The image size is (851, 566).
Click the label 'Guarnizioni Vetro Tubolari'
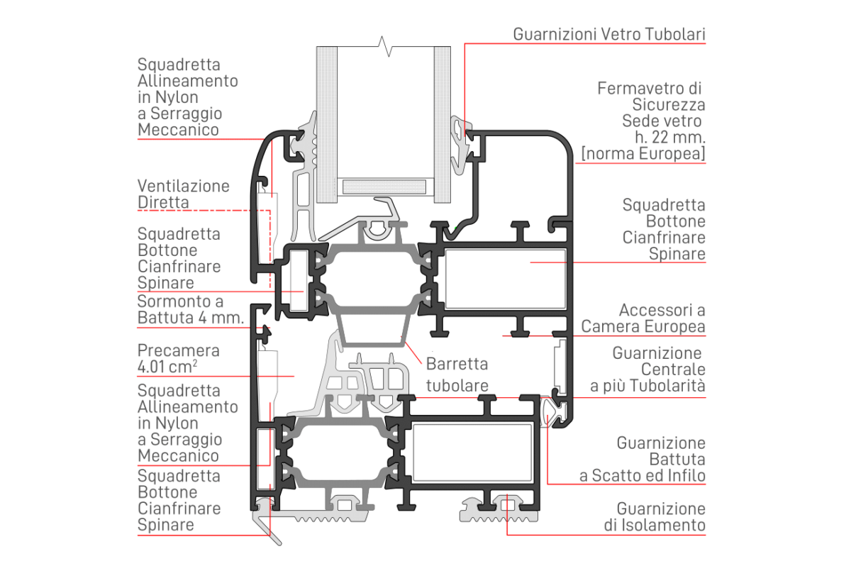(x=609, y=34)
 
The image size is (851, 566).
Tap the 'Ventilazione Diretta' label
(x=184, y=194)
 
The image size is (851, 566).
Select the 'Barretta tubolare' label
(x=457, y=374)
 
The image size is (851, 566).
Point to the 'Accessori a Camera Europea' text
(x=643, y=318)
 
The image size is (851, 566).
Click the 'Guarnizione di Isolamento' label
(x=660, y=517)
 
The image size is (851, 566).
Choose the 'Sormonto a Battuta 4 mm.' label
(x=190, y=310)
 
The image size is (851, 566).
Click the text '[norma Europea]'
(x=643, y=154)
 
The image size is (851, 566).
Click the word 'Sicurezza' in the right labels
(x=675, y=105)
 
